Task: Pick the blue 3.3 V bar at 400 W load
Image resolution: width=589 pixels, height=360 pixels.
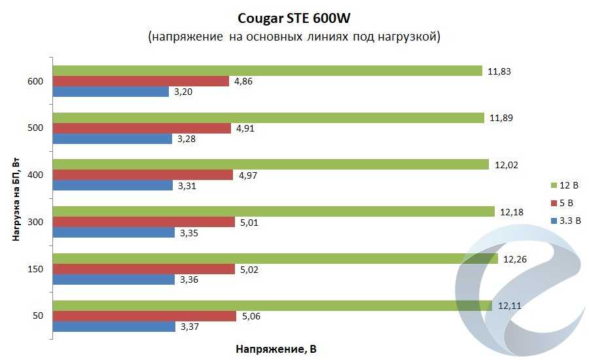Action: pos(115,186)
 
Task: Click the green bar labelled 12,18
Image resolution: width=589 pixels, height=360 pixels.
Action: pos(274,211)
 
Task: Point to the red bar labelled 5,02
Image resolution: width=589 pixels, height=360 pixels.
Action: pos(144,269)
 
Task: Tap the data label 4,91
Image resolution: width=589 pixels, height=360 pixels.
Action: pos(245,128)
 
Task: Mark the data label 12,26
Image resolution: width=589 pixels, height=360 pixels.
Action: pos(514,259)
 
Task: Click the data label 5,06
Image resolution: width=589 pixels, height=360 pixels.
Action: pos(250,317)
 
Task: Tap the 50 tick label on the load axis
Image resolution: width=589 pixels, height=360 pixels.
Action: pos(38,316)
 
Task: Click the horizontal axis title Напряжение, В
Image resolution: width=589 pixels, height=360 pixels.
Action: pos(276,350)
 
